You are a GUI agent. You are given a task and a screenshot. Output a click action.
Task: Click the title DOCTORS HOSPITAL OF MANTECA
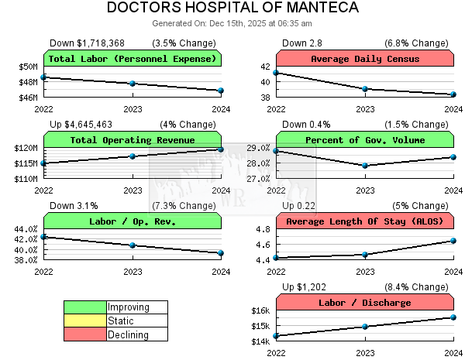[232, 9]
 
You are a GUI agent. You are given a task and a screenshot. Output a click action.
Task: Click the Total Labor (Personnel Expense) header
[133, 59]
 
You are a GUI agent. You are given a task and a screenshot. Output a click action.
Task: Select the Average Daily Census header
[365, 59]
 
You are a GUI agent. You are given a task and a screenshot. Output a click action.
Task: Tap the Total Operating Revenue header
[133, 140]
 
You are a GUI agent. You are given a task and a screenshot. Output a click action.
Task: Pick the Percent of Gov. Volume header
[365, 140]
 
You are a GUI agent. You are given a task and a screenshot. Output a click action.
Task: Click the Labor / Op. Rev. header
[133, 221]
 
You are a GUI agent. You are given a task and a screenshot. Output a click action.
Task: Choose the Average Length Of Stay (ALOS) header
[365, 221]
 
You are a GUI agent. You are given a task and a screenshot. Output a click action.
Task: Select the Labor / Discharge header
[365, 303]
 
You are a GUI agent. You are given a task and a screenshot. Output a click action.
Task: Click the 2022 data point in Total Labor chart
[44, 77]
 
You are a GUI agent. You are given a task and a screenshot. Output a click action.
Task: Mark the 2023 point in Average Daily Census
[365, 89]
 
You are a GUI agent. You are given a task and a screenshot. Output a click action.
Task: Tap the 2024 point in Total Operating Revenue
[221, 149]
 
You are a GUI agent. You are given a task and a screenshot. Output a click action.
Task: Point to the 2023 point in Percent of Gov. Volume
[365, 165]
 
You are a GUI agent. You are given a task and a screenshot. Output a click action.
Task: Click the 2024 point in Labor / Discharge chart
[453, 317]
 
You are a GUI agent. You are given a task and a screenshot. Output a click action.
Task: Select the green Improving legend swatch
[85, 307]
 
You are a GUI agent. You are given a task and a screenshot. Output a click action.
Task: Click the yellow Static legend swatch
[85, 321]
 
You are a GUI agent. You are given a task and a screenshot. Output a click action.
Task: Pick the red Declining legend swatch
[85, 334]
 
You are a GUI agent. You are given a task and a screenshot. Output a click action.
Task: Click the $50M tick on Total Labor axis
[28, 67]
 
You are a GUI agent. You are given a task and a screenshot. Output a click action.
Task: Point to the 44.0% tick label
[26, 229]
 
